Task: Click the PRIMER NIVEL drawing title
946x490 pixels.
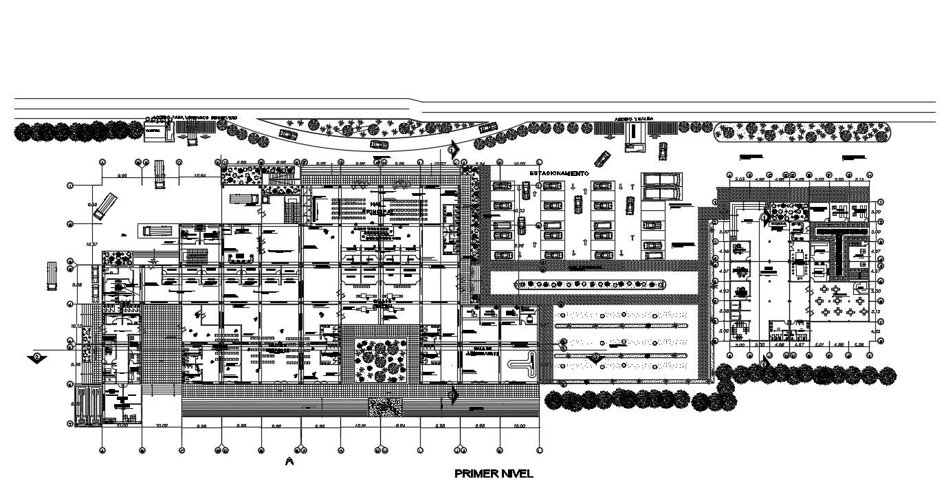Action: [494, 474]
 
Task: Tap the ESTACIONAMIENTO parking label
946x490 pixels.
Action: [560, 173]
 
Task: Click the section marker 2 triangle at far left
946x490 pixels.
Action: [38, 357]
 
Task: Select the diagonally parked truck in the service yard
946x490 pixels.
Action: [105, 205]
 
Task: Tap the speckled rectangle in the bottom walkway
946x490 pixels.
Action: [385, 407]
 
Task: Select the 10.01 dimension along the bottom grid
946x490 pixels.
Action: [360, 427]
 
